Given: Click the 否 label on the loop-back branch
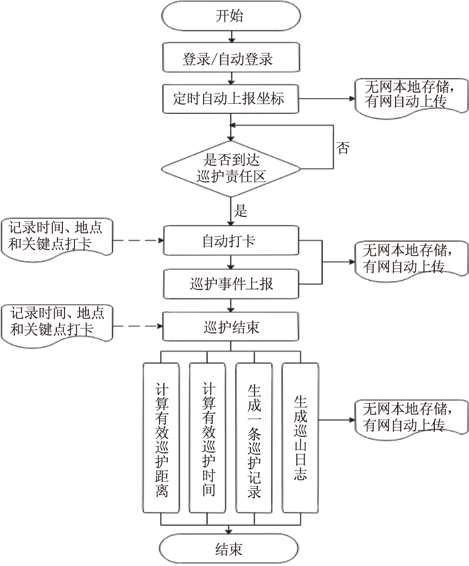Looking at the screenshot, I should pos(343,148).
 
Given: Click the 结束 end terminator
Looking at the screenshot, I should pos(229,549).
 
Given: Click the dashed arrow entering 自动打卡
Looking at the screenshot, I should pos(138,241).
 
